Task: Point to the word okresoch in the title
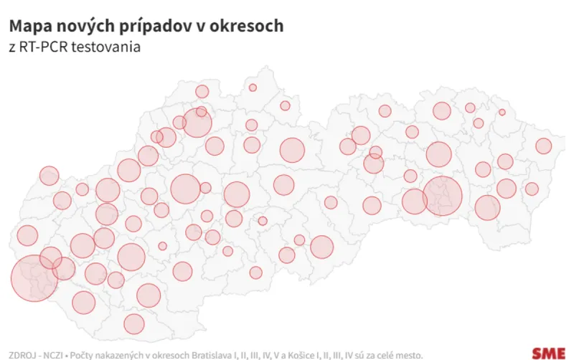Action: tap(248, 27)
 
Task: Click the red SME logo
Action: tap(548, 353)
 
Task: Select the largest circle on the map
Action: tap(34, 278)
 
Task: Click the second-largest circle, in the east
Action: tap(443, 196)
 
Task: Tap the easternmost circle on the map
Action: tap(543, 146)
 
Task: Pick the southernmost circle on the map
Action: tap(134, 324)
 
